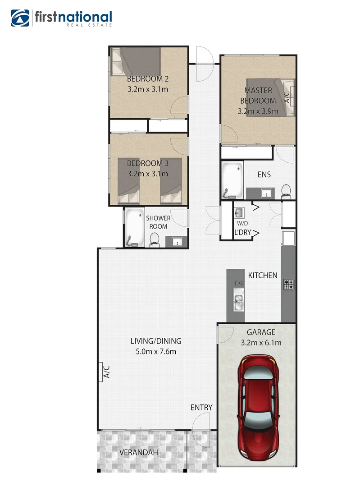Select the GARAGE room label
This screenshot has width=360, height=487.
tap(257, 332)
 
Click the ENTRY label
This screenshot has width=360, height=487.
tap(201, 407)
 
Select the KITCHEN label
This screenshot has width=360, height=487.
tap(263, 276)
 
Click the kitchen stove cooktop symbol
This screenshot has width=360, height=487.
tap(288, 284)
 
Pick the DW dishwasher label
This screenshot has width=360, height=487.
tap(238, 284)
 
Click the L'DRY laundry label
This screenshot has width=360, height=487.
tap(242, 232)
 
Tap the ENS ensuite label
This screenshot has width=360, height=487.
tap(264, 174)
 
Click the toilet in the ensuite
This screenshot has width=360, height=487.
tap(286, 191)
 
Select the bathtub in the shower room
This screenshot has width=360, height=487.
tap(134, 228)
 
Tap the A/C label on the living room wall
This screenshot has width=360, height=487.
tap(107, 371)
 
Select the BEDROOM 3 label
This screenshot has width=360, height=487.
tap(148, 163)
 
